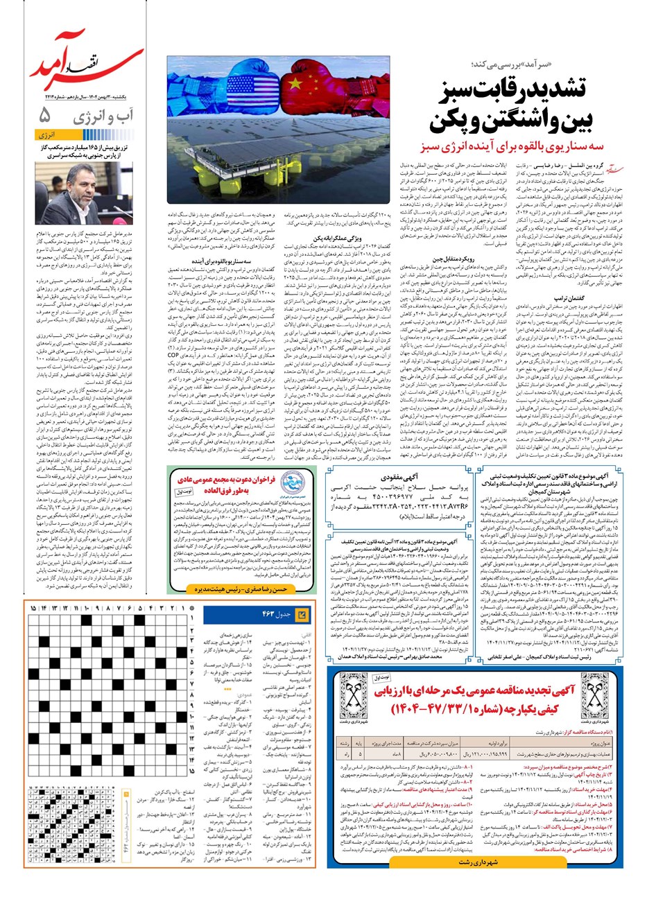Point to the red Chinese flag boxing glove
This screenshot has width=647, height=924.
tap(296, 81)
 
